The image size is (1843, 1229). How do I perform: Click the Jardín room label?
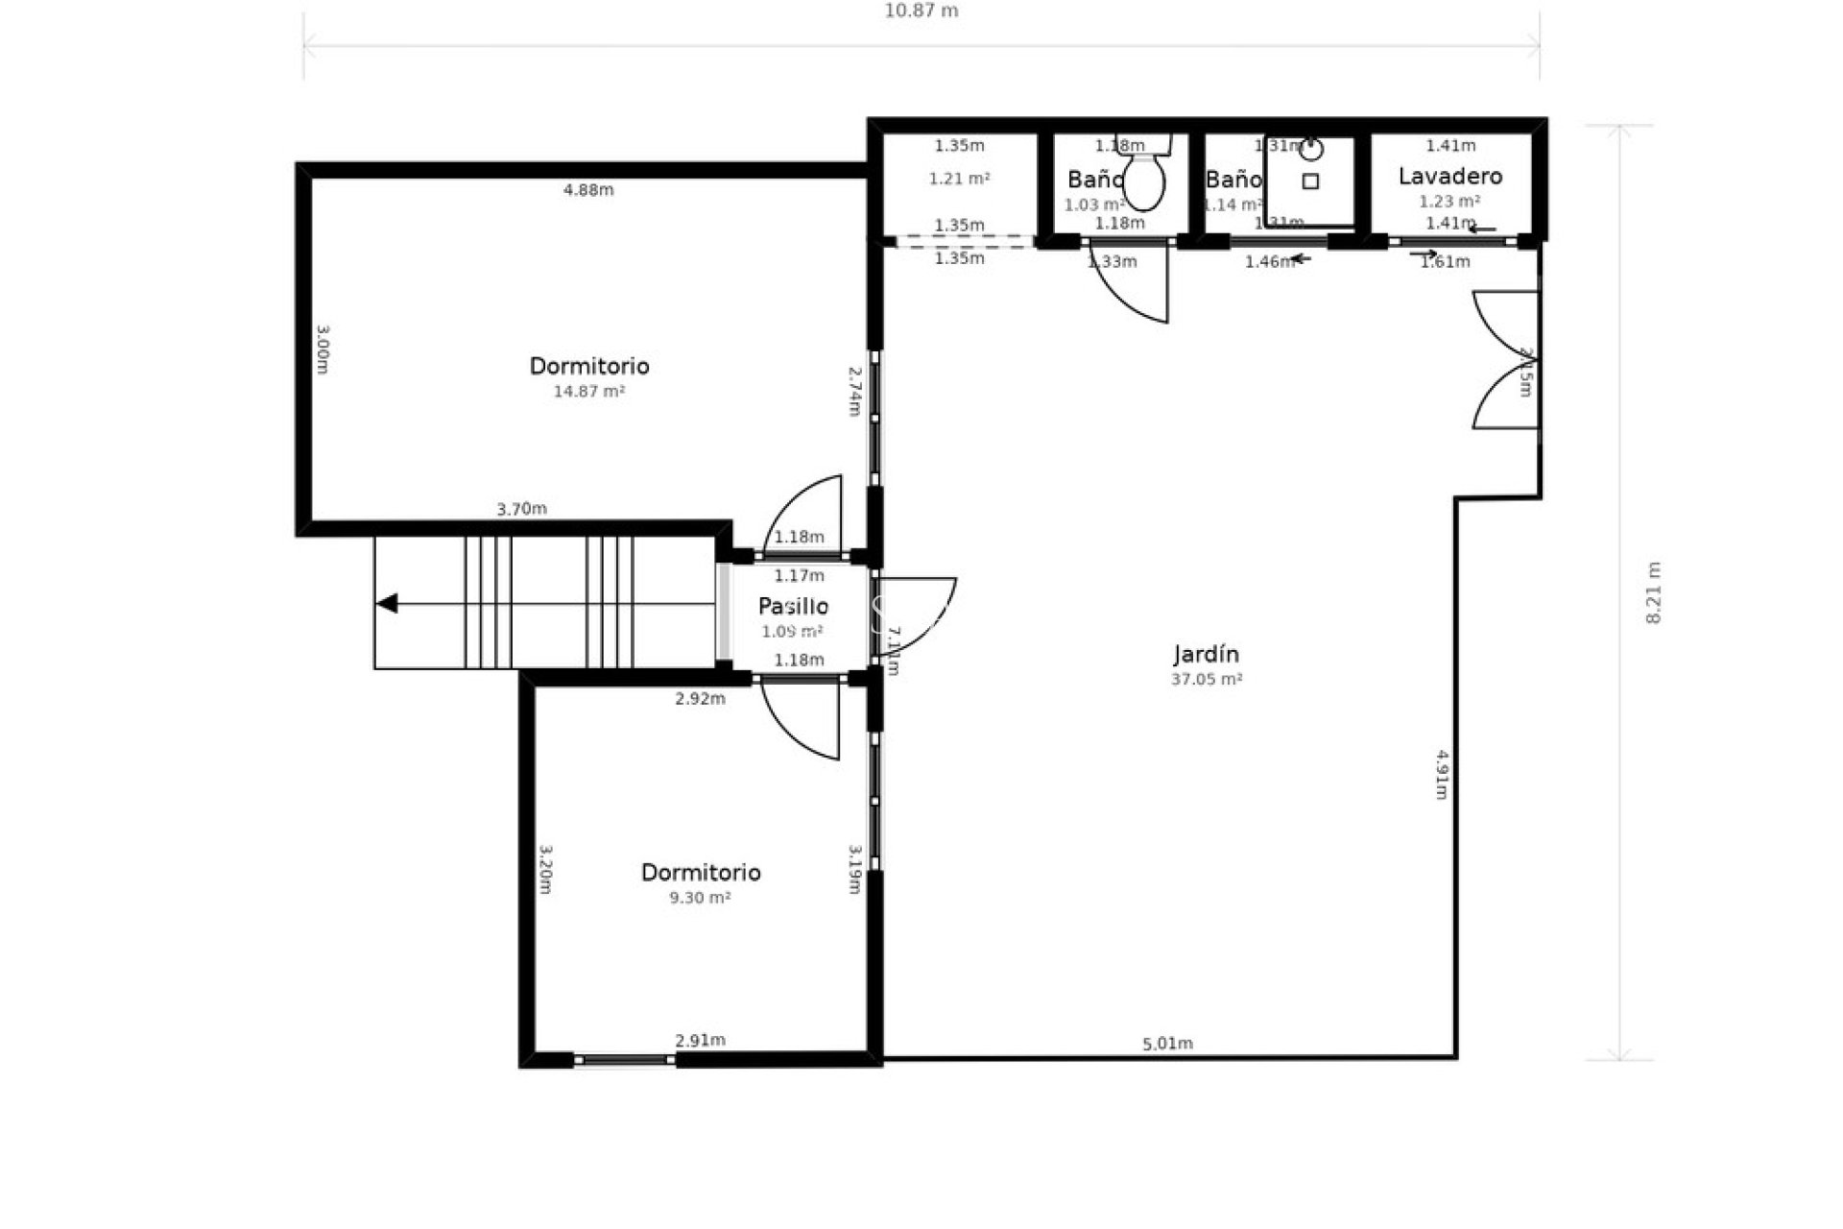[x=1206, y=655]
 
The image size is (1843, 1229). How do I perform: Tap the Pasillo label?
[x=793, y=607]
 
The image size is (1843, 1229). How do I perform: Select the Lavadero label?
[x=1449, y=177]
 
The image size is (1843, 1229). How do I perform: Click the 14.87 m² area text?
[x=588, y=392]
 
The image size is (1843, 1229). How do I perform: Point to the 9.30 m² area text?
[x=700, y=899]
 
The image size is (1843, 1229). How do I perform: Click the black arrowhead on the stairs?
[x=387, y=604]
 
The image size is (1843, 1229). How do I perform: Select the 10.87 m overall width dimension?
[x=921, y=12]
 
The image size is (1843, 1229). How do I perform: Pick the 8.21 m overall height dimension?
[x=1653, y=592]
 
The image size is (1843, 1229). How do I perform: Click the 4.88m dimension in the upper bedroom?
[x=587, y=190]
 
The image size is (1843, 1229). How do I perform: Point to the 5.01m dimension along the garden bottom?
[x=1167, y=1044]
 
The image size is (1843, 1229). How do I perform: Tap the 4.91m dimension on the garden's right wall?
[x=1442, y=774]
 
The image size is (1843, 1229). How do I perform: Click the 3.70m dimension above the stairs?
[x=521, y=509]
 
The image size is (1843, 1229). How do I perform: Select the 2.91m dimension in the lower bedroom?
[x=700, y=1040]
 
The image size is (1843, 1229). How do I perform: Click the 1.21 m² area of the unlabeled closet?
[x=959, y=179]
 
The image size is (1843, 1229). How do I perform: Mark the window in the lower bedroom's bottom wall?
[x=625, y=1060]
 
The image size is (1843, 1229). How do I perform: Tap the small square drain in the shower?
[x=1310, y=181]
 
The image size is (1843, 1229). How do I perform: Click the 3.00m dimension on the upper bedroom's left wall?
[x=323, y=349]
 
